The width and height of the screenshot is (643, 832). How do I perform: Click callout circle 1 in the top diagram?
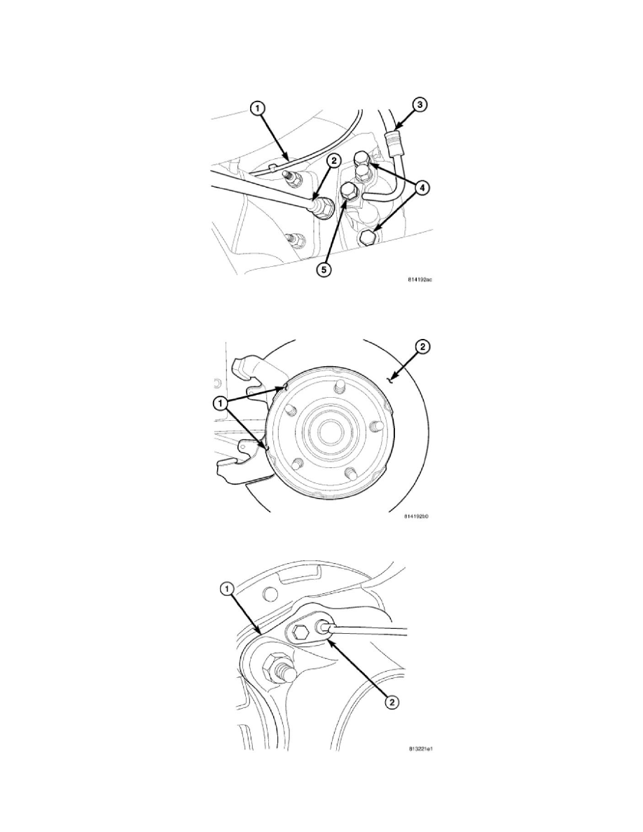pyautogui.click(x=258, y=109)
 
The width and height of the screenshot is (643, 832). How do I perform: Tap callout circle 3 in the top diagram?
pyautogui.click(x=421, y=105)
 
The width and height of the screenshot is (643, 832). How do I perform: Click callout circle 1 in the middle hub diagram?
pyautogui.click(x=221, y=403)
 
